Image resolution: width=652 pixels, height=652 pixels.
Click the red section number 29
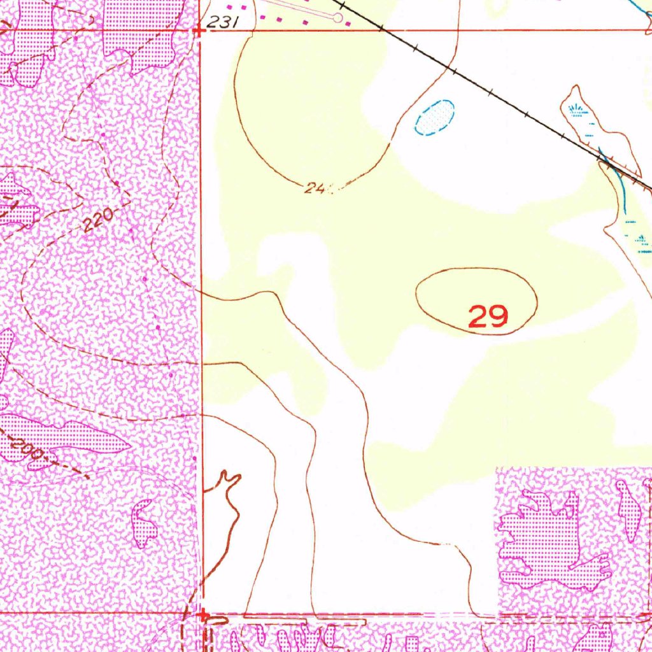pyautogui.click(x=488, y=316)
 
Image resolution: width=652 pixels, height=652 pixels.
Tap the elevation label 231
pyautogui.click(x=222, y=23)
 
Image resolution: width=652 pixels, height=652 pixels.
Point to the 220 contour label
pyautogui.click(x=98, y=220)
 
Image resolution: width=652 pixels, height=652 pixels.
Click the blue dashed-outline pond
pyautogui.click(x=435, y=117)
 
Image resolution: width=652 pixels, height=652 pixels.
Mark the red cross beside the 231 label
pyautogui.click(x=199, y=29)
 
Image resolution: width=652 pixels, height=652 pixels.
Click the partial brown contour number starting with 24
pyautogui.click(x=315, y=188)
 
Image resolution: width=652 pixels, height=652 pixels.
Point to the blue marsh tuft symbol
pyautogui.click(x=576, y=109)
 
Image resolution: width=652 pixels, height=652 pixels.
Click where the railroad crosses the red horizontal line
pyautogui.click(x=381, y=29)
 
